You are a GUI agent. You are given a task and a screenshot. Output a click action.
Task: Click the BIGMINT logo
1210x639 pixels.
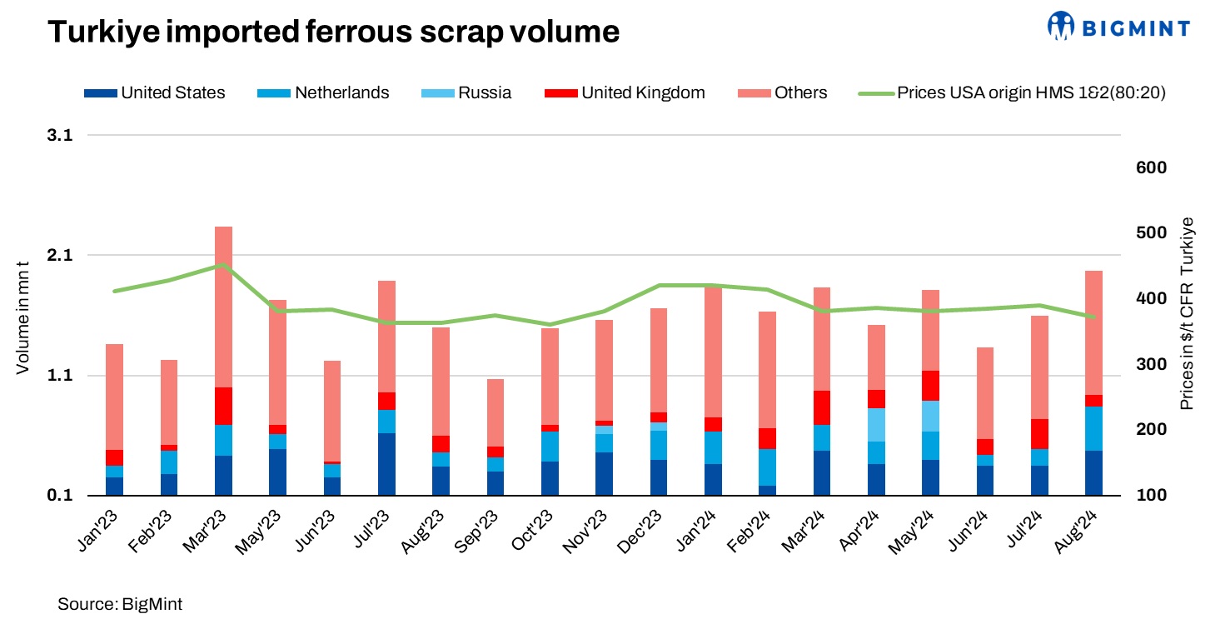tap(1118, 27)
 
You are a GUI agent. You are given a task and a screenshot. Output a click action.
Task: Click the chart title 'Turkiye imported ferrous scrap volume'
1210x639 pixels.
tap(333, 32)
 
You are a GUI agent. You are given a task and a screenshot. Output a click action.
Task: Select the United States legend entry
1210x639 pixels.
tap(155, 92)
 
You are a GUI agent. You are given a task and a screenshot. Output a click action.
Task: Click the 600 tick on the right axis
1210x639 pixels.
tap(1151, 167)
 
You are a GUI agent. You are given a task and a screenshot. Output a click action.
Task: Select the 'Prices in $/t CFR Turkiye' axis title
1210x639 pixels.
tap(1188, 313)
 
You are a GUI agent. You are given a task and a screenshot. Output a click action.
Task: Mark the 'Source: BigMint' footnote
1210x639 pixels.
tap(120, 605)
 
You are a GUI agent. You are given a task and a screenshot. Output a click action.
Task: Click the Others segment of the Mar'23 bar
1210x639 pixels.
tap(223, 307)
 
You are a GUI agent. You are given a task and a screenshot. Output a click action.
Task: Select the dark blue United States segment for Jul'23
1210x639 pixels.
tap(386, 464)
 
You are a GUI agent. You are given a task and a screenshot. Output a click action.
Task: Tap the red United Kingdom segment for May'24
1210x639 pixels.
tap(929, 386)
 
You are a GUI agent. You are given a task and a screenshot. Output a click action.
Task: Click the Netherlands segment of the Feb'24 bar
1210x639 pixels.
tap(767, 467)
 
